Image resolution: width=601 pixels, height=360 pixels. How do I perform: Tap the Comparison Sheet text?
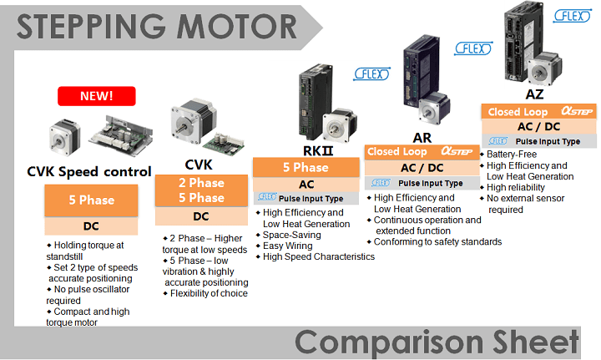pos(437,342)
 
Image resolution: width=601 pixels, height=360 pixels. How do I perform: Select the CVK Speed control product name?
pos(89,172)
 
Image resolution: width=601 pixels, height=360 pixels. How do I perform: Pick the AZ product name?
pos(534,94)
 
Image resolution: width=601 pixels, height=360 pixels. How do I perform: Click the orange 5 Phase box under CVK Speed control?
pos(90,200)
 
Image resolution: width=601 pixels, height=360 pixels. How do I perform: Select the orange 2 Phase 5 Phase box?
pos(201,190)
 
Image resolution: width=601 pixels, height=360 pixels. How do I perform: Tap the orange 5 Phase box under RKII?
pos(306,167)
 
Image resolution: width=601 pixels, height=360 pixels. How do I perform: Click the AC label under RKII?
pos(306,184)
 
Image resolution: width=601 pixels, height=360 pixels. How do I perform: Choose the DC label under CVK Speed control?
pos(90,226)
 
